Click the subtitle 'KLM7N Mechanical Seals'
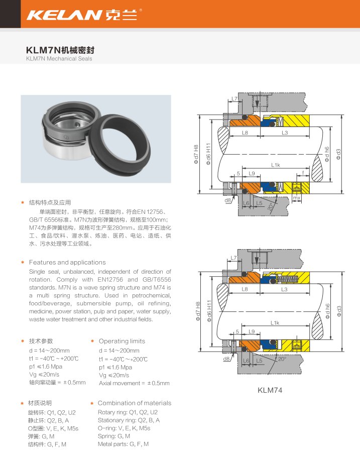tap(59, 59)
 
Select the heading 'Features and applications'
tap(67, 262)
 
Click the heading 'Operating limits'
tap(122, 341)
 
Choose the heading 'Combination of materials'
tap(135, 403)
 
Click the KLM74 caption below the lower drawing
tap(270, 390)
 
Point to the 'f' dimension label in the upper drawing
tap(303, 173)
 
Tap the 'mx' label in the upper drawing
tap(297, 198)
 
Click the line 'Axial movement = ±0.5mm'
tap(134, 383)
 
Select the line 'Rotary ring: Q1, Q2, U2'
tap(128, 412)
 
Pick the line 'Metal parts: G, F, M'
tap(123, 444)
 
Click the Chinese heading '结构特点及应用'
tap(50, 202)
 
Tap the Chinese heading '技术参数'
tap(41, 341)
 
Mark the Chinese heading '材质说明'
tap(40, 403)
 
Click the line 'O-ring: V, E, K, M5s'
tap(124, 428)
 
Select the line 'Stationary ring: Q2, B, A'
tap(129, 420)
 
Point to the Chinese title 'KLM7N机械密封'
tap(60, 50)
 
